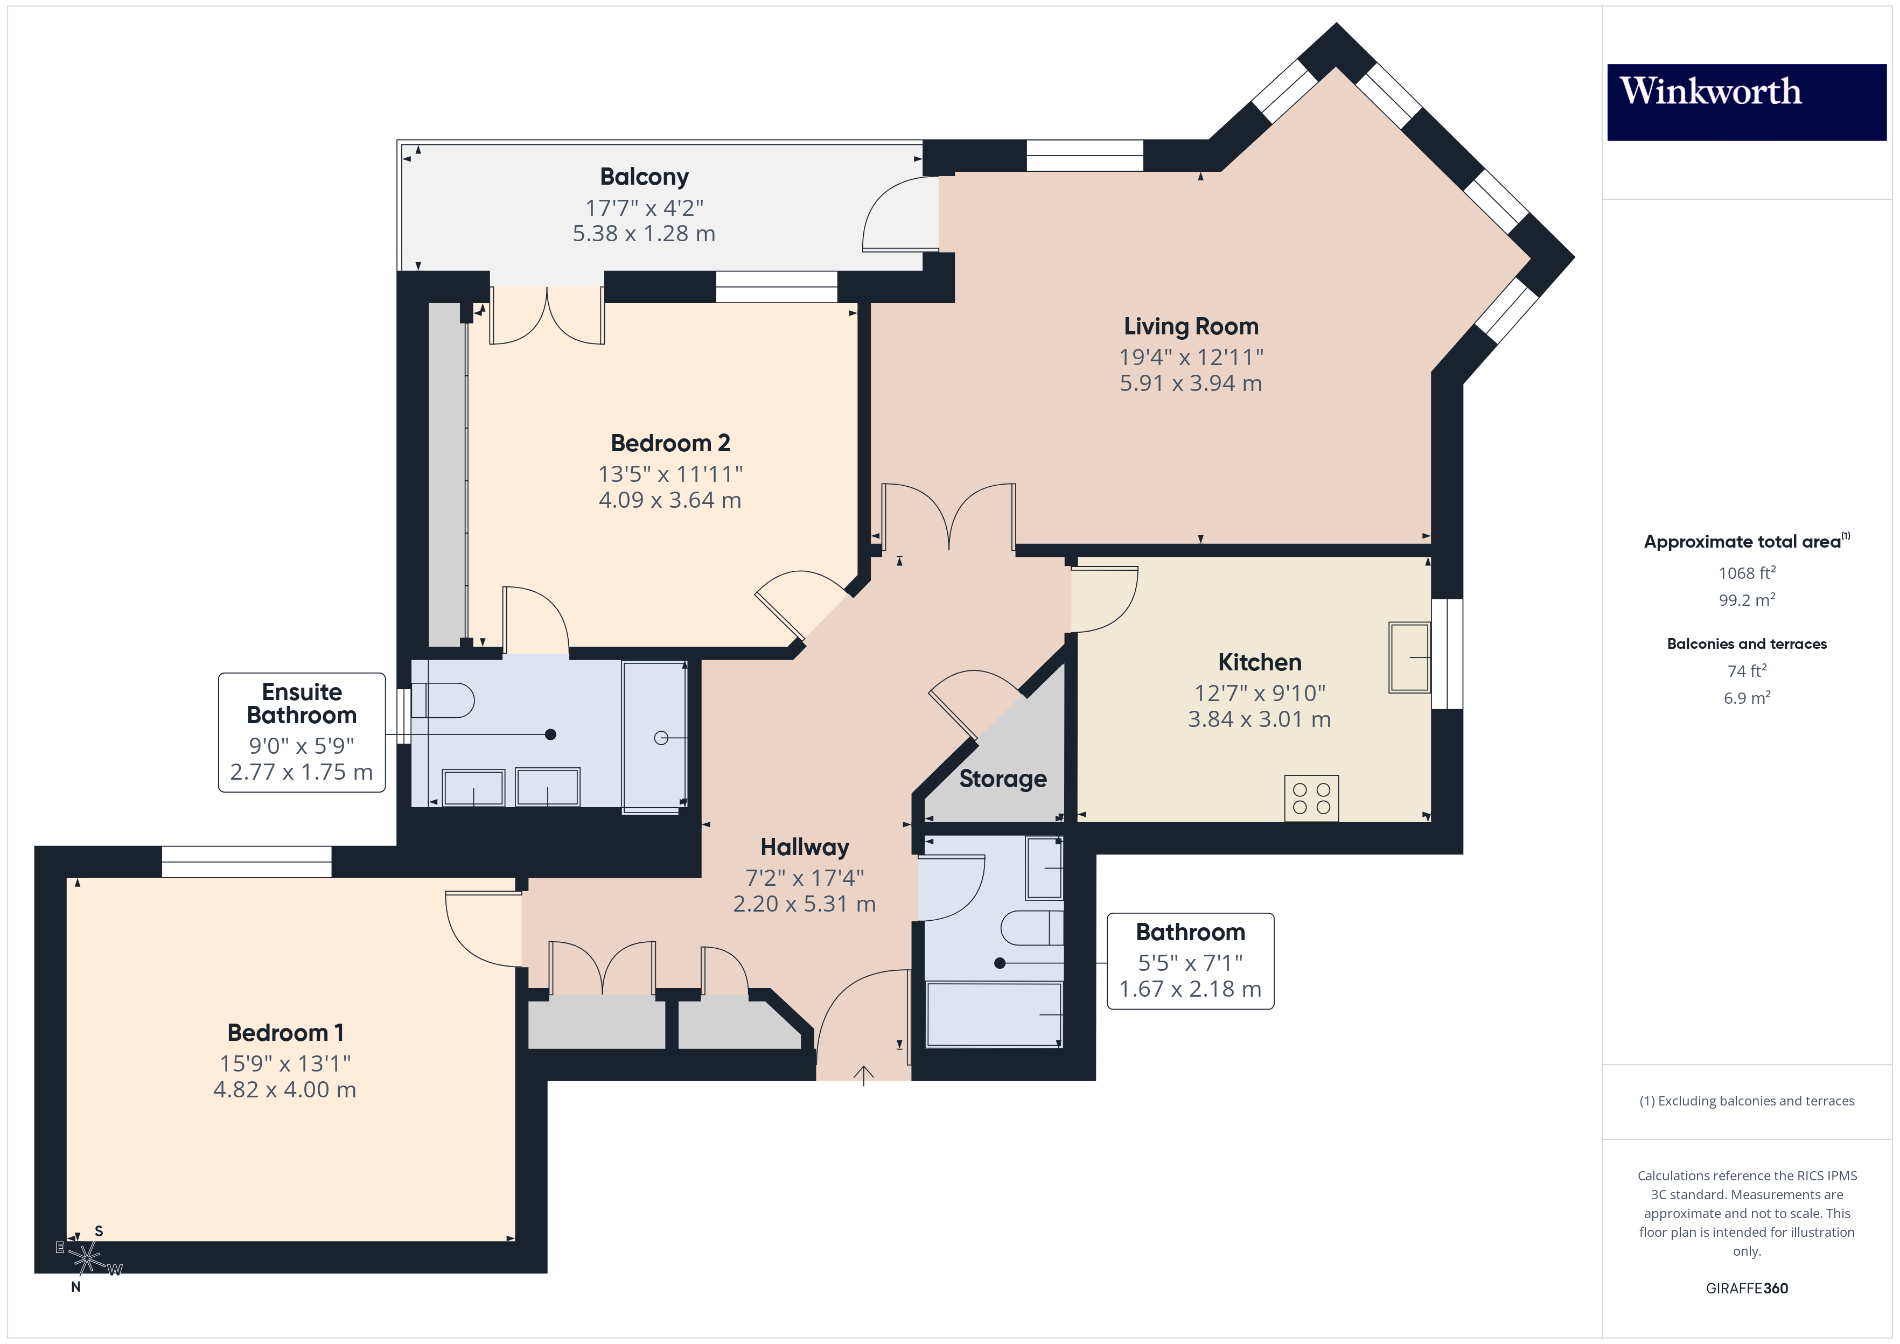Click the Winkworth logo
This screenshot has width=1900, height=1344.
(x=1746, y=102)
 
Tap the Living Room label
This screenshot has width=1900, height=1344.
(x=1190, y=326)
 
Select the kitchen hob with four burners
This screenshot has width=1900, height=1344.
(x=1311, y=799)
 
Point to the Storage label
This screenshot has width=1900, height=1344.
(x=1002, y=779)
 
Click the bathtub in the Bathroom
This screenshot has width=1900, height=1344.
(x=993, y=1014)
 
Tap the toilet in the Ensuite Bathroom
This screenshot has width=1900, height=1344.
(x=444, y=700)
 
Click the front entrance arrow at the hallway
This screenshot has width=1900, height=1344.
(x=863, y=1075)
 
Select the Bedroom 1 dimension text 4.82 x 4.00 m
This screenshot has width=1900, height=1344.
(x=285, y=1089)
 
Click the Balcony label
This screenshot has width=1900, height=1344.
(x=644, y=177)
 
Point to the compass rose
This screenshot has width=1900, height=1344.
(x=86, y=1258)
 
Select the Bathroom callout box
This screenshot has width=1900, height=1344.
(x=1190, y=961)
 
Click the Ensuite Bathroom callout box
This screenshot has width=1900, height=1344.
(x=301, y=732)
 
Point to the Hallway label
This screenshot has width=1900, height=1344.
(x=805, y=848)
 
